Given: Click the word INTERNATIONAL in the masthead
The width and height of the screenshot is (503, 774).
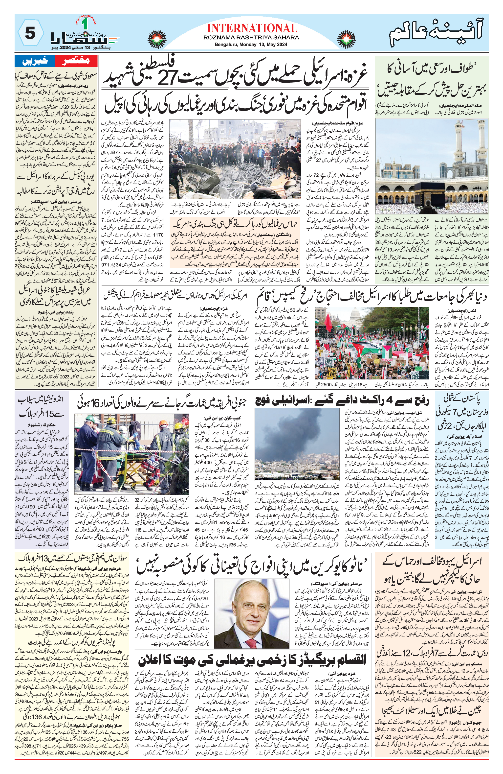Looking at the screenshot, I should [x=252, y=28].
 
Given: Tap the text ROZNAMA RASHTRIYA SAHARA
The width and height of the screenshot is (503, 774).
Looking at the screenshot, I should [x=251, y=38].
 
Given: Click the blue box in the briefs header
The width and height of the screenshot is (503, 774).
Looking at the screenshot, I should [x=35, y=61].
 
